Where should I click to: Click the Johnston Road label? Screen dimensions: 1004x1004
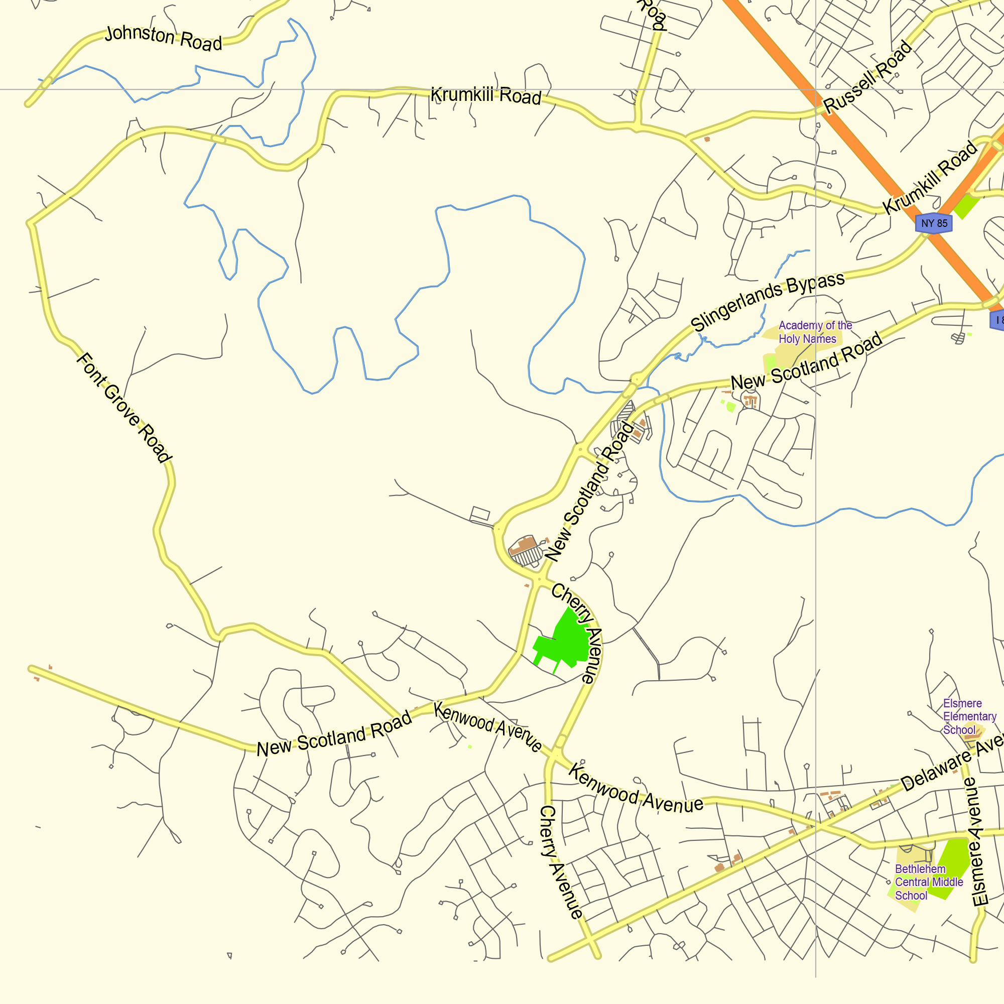coord(163,39)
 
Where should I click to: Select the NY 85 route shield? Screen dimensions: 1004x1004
coord(934,223)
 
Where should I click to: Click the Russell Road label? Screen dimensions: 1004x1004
coord(867,76)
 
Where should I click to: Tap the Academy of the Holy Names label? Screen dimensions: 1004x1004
coord(814,332)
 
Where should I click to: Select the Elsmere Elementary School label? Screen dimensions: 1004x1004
coord(969,717)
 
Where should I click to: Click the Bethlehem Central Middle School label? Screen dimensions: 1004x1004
coord(928,883)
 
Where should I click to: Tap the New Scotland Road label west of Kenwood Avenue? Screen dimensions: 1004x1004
coord(334,734)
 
